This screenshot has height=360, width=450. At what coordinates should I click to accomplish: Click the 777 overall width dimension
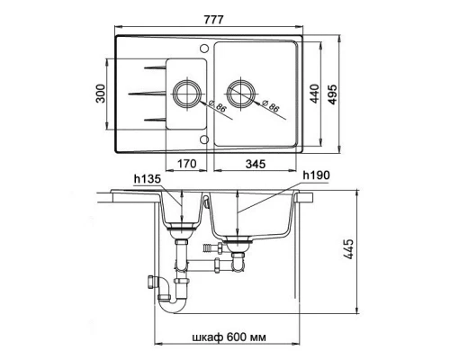(213, 20)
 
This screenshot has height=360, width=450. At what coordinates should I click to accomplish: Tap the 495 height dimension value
(332, 94)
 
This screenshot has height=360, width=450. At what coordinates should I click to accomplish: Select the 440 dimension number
(314, 94)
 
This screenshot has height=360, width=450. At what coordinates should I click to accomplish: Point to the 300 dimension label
(101, 94)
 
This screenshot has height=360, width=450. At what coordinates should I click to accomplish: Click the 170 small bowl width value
(187, 164)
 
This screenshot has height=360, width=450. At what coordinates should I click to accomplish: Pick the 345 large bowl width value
(256, 164)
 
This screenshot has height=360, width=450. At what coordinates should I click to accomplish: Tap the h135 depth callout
(148, 179)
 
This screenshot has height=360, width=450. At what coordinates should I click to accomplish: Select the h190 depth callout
(316, 175)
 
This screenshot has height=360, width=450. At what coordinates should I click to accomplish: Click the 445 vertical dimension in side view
(348, 249)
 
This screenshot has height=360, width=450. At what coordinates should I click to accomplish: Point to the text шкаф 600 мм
(229, 337)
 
